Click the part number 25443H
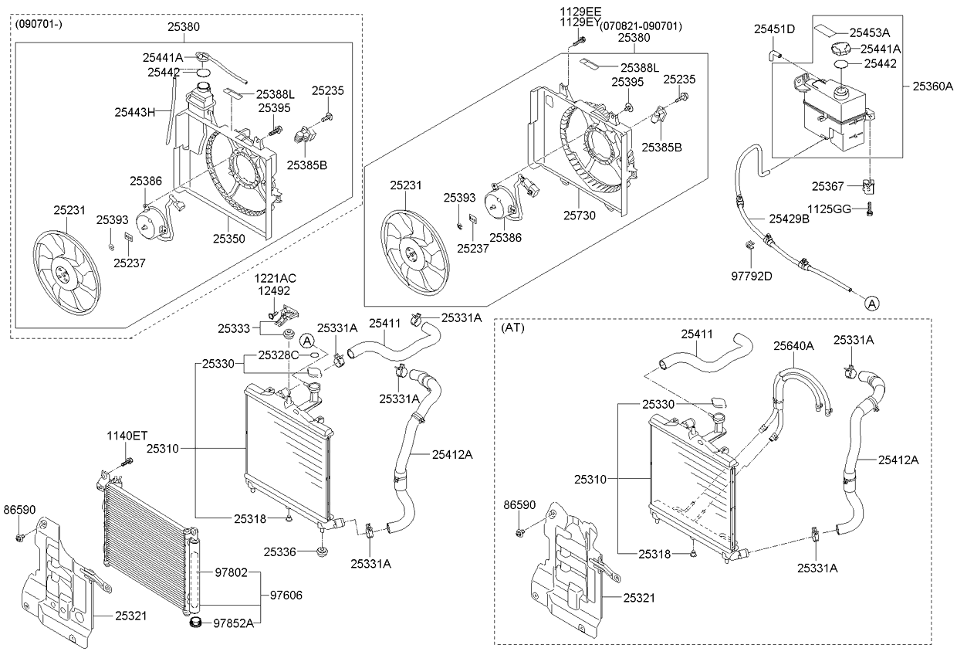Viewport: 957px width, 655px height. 135,112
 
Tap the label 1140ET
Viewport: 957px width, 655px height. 127,436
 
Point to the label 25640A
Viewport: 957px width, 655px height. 793,347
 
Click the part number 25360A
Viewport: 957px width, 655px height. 932,87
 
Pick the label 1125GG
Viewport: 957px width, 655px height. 829,209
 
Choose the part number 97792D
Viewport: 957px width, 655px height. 751,275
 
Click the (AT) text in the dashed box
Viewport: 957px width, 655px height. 513,327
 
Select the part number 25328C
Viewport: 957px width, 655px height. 279,355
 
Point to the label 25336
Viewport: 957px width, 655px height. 279,551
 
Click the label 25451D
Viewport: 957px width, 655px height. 774,29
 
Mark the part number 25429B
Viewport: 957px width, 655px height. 789,219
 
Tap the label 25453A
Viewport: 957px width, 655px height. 870,32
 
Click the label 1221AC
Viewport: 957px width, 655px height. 276,277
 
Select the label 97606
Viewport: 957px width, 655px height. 286,595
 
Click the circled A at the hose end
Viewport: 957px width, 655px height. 871,304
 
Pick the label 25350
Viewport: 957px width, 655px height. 229,239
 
